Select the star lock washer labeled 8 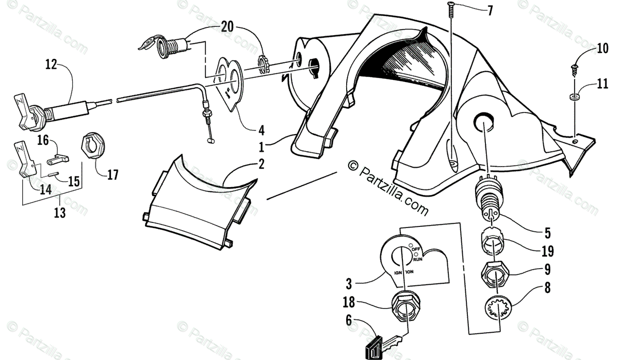498,310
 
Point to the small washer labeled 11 574,96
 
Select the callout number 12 51,65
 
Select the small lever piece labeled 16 61,155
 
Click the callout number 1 262,147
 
